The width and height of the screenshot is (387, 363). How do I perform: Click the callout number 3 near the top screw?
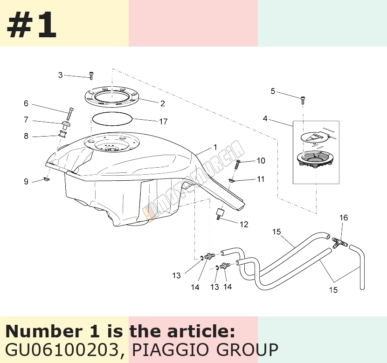[61, 75]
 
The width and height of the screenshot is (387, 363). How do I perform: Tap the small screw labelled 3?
[91, 75]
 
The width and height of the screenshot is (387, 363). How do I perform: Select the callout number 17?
[163, 121]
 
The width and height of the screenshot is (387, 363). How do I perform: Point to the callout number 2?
[162, 103]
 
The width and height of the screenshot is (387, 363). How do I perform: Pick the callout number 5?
[273, 91]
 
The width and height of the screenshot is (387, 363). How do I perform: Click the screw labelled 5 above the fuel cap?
[303, 100]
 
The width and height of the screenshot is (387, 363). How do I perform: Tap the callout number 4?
[265, 119]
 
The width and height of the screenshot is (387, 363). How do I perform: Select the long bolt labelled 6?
[69, 114]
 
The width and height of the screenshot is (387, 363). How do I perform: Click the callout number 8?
[26, 136]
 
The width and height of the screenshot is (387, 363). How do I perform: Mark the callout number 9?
[26, 182]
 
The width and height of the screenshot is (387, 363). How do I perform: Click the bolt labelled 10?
[238, 164]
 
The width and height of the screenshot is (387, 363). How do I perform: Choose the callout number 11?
[261, 179]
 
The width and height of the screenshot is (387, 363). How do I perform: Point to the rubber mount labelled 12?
[220, 213]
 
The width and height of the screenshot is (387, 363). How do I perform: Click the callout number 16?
[344, 218]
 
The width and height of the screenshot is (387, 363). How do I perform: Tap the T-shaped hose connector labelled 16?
[340, 242]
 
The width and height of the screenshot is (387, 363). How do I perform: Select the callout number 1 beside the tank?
[215, 147]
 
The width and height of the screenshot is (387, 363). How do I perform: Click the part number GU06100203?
[62, 349]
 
